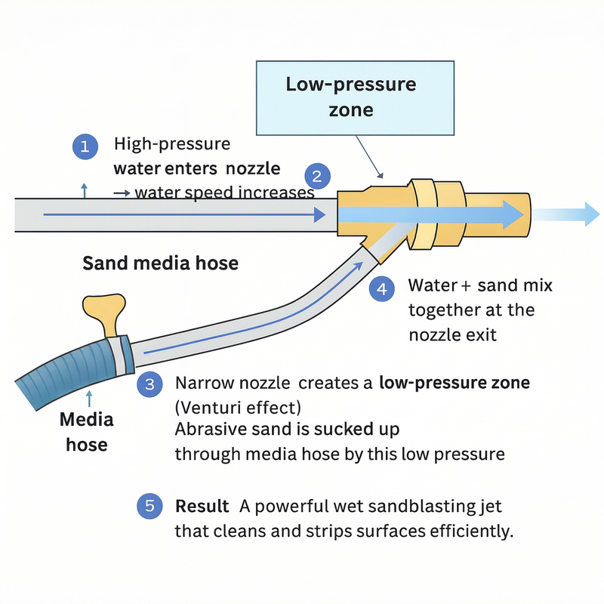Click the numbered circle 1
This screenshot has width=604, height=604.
pyautogui.click(x=85, y=146)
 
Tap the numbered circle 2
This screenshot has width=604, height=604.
pyautogui.click(x=318, y=177)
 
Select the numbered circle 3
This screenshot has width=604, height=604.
pyautogui.click(x=149, y=384)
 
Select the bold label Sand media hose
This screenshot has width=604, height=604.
pyautogui.click(x=160, y=263)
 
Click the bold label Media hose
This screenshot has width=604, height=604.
pyautogui.click(x=87, y=431)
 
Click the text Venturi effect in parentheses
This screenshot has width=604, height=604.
pyautogui.click(x=238, y=408)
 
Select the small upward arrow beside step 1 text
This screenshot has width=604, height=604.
pyautogui.click(x=84, y=190)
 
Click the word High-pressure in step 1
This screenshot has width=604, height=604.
pyautogui.click(x=171, y=143)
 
